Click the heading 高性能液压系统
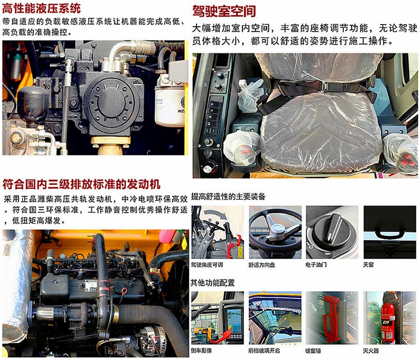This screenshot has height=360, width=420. click(42, 8)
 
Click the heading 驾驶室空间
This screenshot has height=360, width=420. click(224, 11)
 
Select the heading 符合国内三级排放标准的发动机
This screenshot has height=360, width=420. click(81, 184)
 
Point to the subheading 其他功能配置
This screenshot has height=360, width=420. click(212, 283)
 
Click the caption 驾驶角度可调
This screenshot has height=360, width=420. click(206, 264)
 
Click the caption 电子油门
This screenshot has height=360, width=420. click(317, 264)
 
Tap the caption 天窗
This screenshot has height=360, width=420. click(368, 264)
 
